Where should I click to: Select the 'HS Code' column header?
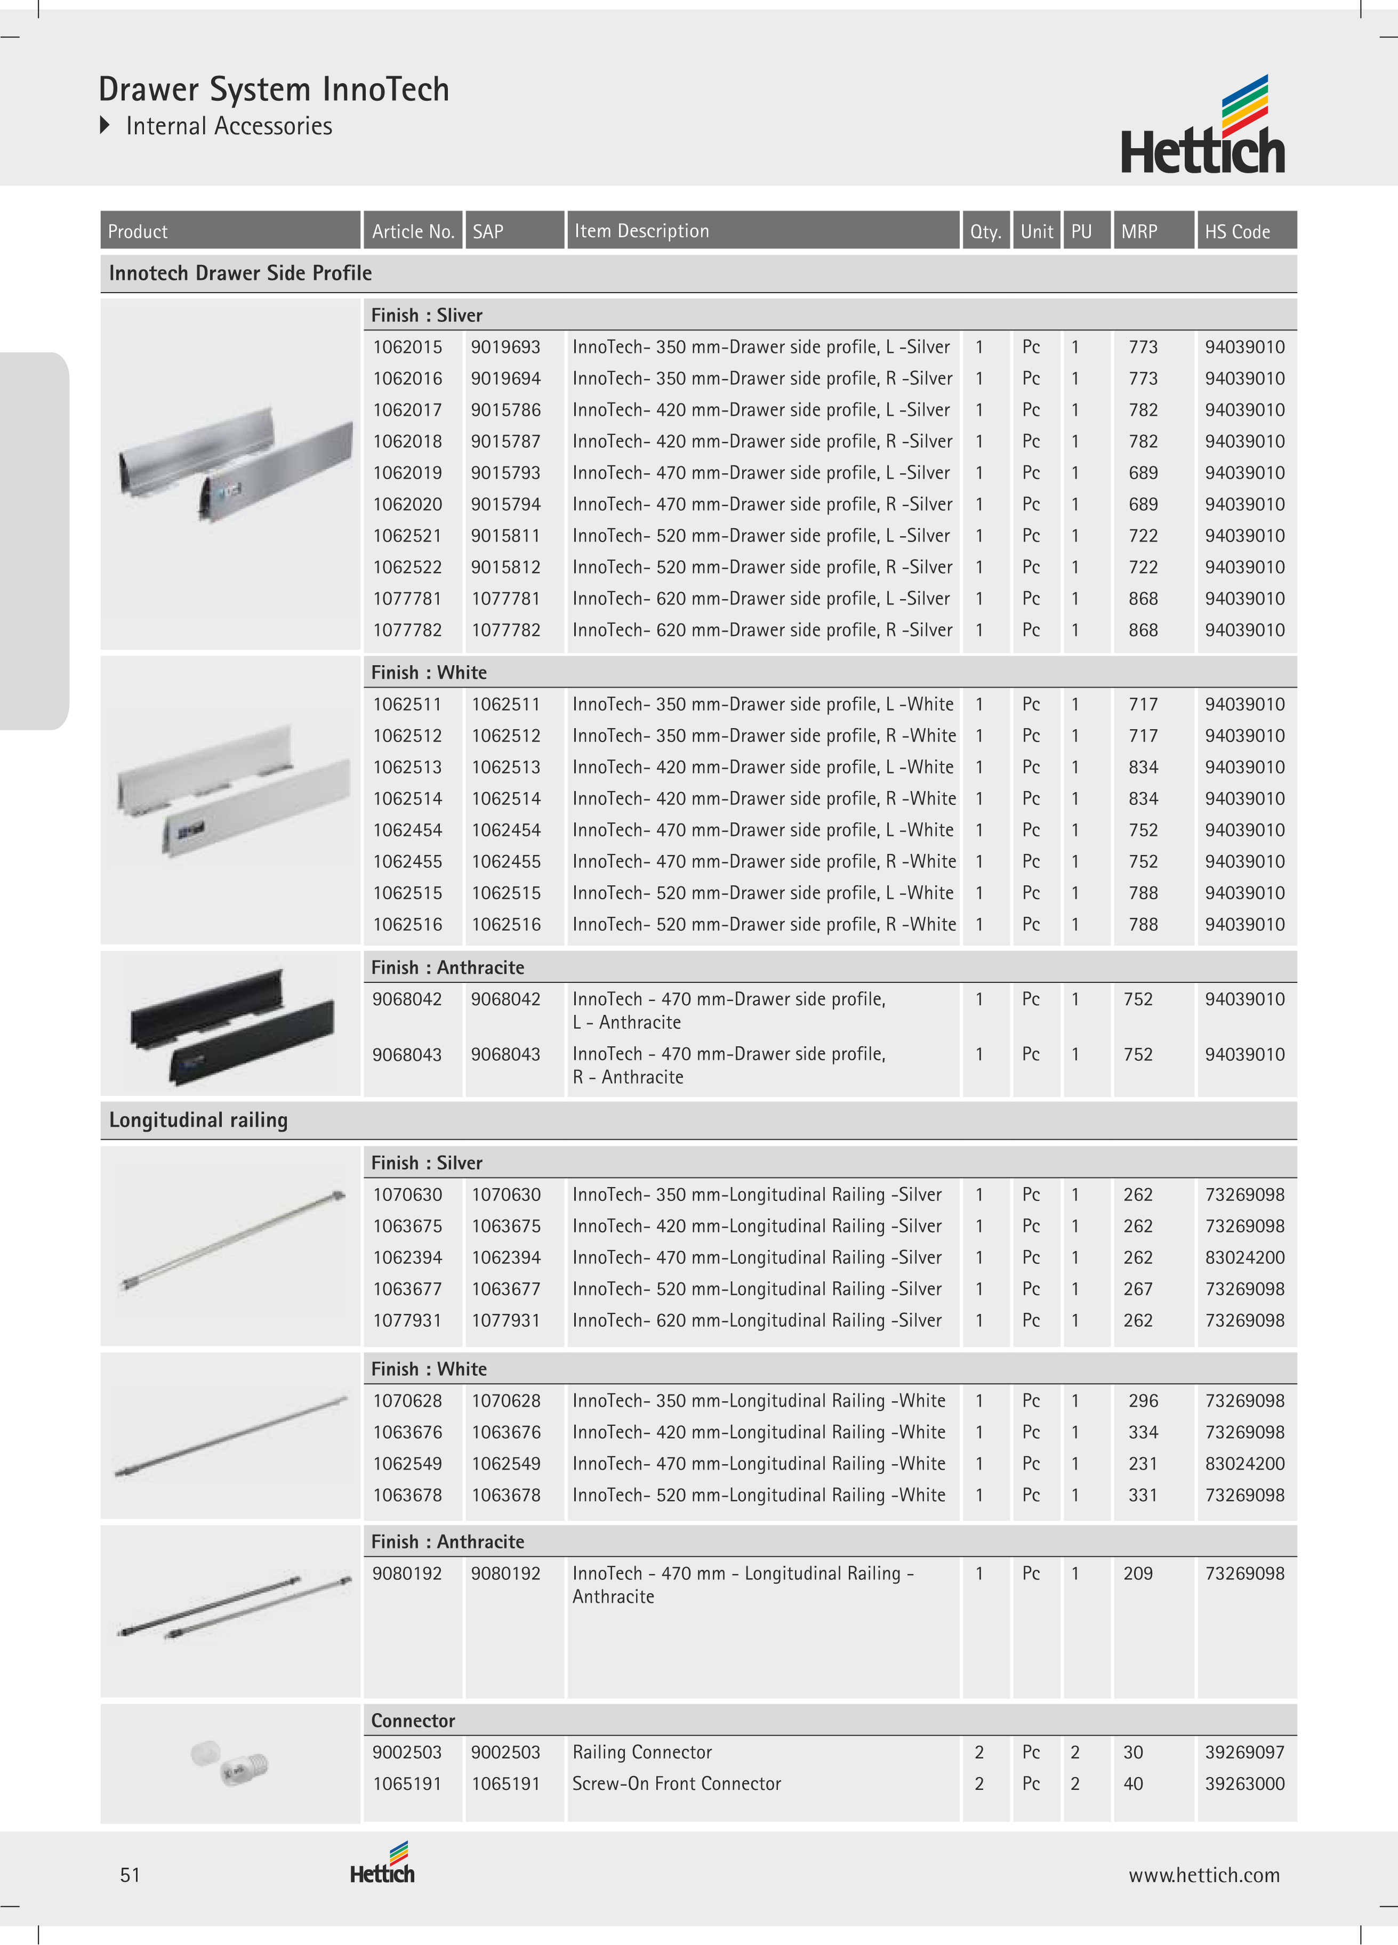(1237, 231)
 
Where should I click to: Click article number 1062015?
(407, 348)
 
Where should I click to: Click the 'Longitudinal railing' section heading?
(198, 1120)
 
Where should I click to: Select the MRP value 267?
(1138, 1289)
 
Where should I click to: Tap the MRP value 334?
(1143, 1432)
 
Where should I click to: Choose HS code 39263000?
(1244, 1784)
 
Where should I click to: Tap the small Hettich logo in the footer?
(382, 1863)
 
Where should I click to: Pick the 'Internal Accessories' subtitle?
(229, 126)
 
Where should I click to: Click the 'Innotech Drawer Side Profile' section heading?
(240, 273)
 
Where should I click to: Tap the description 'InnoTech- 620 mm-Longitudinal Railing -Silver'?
(757, 1321)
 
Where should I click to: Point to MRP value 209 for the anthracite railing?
(1138, 1573)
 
